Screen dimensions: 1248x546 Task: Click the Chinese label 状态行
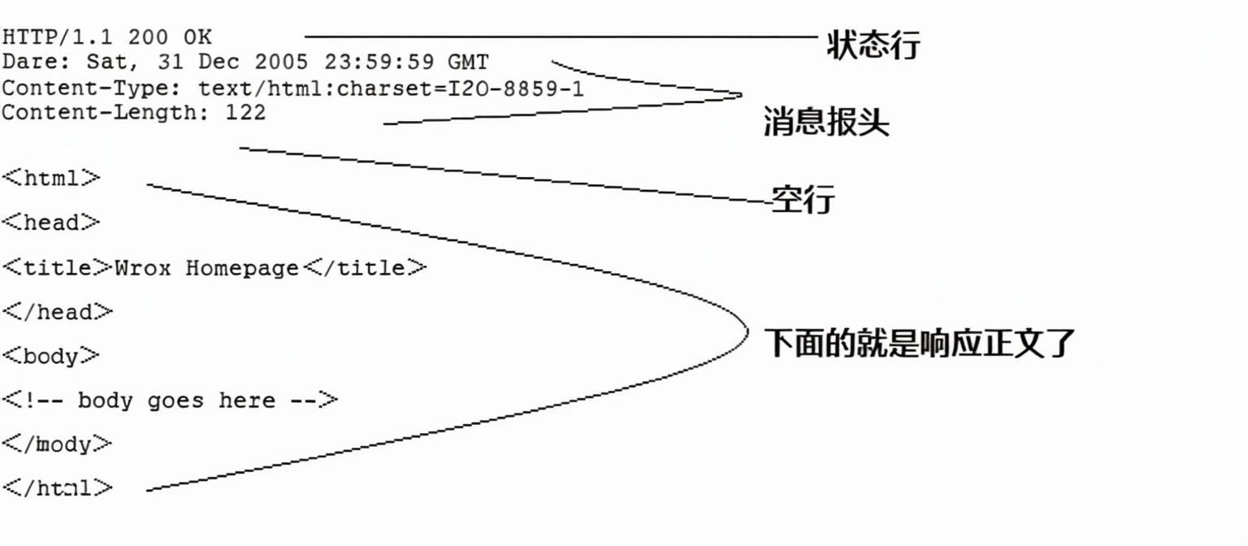(873, 44)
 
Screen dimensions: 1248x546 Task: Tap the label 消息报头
(826, 123)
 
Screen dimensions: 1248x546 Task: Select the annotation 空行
(803, 198)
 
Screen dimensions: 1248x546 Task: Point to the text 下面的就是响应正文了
(920, 344)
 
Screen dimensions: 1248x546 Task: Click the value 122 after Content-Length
(245, 113)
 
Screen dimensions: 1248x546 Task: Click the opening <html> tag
(52, 179)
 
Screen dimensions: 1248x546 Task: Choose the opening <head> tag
(52, 223)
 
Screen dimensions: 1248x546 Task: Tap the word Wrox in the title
(143, 268)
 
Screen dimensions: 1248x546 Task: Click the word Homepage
(242, 268)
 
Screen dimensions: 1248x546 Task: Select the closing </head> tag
(58, 312)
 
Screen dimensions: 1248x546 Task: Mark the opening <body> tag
(52, 356)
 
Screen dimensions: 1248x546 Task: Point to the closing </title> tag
(365, 268)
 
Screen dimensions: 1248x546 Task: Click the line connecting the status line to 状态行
(561, 37)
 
